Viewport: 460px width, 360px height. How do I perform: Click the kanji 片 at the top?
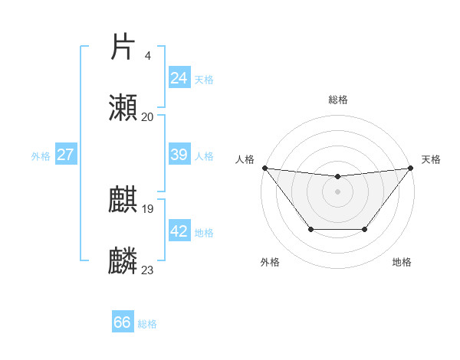pos(123,47)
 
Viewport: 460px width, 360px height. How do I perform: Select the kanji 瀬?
pos(123,108)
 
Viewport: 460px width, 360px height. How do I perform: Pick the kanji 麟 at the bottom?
pos(123,261)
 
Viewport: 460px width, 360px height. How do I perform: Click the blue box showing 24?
pos(179,77)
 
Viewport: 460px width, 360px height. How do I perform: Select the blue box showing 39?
pos(179,155)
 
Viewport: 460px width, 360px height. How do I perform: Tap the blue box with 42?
pos(179,231)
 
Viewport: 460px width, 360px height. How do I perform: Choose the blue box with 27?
pos(65,155)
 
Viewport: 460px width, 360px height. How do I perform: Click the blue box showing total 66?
pos(122,322)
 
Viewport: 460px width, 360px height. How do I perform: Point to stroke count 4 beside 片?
pos(147,55)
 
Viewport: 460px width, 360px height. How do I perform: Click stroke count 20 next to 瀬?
pos(147,116)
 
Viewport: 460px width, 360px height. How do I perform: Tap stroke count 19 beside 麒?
pos(147,208)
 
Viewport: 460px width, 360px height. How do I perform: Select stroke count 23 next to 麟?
pos(147,270)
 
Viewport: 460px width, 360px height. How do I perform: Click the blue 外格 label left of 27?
pos(41,155)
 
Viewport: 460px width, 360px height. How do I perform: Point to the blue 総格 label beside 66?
pos(147,324)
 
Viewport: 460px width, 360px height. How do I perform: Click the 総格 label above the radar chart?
pos(337,100)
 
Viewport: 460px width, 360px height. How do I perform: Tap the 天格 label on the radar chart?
pos(431,159)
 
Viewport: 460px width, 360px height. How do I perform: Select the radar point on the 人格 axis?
pos(264,168)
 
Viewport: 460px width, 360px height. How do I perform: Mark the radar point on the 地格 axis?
pos(365,229)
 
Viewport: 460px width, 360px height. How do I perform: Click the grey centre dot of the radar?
pos(337,191)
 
